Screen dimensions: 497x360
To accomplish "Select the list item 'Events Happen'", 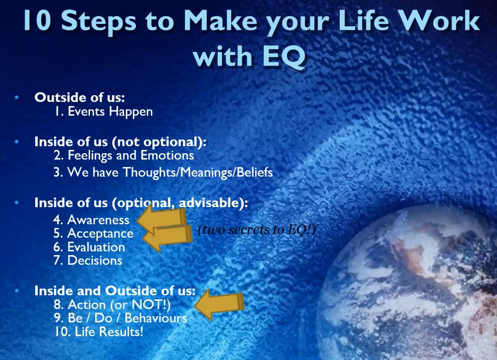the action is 110,112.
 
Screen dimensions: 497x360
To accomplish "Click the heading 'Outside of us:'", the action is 79,97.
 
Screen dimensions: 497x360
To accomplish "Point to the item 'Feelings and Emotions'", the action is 131,155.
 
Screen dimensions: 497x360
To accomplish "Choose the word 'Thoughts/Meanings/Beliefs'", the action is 198,172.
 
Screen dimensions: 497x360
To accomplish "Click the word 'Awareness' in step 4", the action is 98,220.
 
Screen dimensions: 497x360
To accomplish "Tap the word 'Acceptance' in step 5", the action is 100,234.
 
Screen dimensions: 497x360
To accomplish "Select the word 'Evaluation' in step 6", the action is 96,247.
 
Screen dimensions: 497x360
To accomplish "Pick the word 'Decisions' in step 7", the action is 95,260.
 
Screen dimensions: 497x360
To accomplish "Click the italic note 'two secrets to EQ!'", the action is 257,229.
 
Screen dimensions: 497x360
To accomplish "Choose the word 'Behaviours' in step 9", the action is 156,318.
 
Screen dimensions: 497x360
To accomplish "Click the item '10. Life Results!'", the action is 99,331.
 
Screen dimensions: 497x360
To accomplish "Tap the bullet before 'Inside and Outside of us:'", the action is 17,290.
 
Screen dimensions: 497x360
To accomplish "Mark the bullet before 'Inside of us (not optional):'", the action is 17,141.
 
